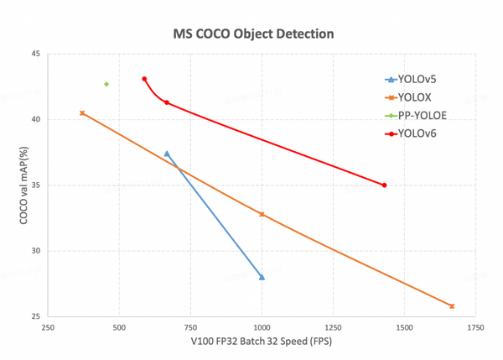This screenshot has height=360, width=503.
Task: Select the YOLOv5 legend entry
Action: click(x=417, y=80)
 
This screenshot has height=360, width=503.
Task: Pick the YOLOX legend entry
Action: click(x=414, y=97)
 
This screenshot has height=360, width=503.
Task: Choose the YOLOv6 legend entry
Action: click(x=417, y=133)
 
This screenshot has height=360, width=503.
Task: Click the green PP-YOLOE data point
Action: click(x=106, y=84)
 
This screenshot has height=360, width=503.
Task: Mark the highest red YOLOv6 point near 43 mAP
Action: click(x=144, y=79)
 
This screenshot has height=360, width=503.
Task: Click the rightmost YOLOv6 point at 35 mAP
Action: click(x=384, y=185)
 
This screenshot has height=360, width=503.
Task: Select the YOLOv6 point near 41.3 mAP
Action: click(x=167, y=102)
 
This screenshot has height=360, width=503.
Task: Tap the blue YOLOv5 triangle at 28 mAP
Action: click(x=262, y=277)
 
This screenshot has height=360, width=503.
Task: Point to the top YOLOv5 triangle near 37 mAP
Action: click(x=167, y=154)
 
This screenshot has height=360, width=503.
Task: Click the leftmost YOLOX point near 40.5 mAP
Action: click(x=82, y=112)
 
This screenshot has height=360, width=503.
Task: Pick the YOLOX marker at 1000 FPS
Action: click(x=262, y=214)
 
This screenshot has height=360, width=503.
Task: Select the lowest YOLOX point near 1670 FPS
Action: click(x=452, y=306)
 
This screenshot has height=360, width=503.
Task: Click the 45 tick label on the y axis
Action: click(x=35, y=54)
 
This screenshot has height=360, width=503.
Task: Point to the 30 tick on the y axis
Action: click(x=35, y=251)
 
